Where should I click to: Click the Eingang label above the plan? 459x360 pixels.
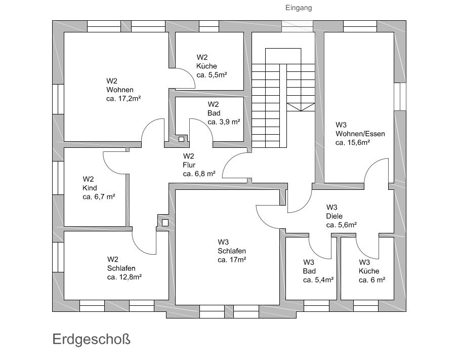click(298, 8)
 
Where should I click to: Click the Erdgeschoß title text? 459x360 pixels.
click(91, 339)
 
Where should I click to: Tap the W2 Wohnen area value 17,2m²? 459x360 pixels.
click(123, 99)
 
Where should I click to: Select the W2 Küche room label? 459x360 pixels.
click(207, 66)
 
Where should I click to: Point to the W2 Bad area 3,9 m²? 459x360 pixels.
click(223, 122)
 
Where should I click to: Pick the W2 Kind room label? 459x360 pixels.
click(90, 188)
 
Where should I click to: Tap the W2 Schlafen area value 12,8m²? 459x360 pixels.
click(124, 277)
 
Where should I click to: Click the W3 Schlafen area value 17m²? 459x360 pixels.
click(232, 260)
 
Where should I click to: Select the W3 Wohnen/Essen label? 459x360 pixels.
click(360, 134)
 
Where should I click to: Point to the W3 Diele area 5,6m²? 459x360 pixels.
click(342, 224)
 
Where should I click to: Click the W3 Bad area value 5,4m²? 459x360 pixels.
click(318, 279)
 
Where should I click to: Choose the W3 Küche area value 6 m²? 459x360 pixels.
click(372, 279)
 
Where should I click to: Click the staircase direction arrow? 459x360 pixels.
click(300, 106)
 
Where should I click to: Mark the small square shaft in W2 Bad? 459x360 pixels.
click(182, 137)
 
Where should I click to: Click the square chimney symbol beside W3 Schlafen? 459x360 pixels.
click(164, 222)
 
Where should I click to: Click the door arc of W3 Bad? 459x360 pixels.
click(319, 248)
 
